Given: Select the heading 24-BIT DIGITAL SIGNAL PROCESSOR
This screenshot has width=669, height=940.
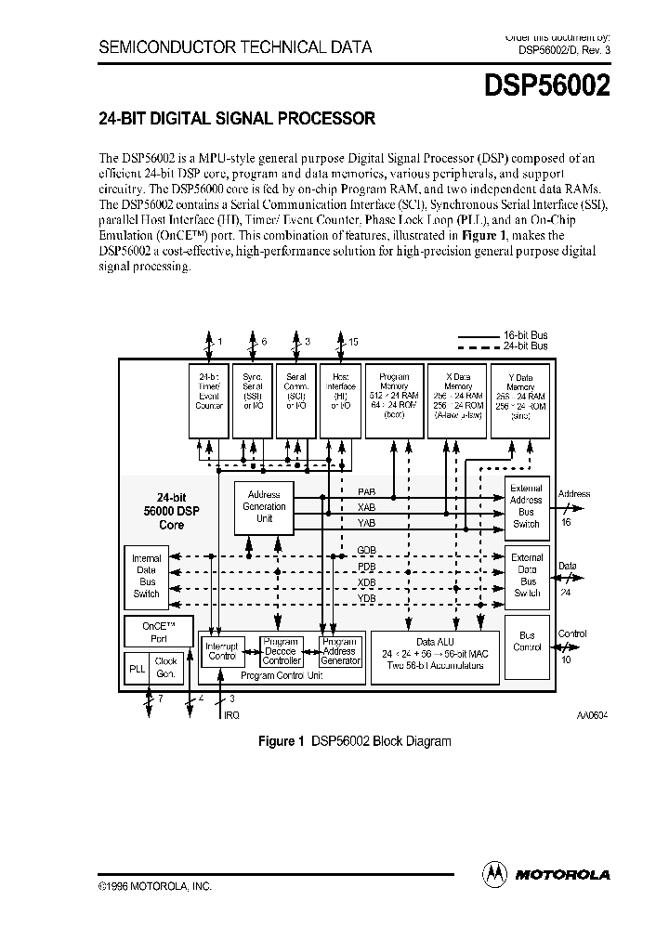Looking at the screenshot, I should point(237,119).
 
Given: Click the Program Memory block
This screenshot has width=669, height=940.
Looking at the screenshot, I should point(395,398).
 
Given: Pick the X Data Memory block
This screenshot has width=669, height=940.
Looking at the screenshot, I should point(457,398).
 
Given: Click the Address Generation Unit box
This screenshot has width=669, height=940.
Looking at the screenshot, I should point(264,506).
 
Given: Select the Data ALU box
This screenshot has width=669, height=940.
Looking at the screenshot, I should point(435,659).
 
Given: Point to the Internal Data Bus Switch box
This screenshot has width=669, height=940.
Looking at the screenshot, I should point(147,575).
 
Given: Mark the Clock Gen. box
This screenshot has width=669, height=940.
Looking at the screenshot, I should point(165,667).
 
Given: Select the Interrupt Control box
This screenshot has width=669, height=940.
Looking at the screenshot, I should point(223,650).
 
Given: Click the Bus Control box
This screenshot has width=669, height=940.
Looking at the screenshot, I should point(527,641).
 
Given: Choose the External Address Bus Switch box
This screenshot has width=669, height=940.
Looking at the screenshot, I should point(527,505).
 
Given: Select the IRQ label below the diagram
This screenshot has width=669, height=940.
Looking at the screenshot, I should point(230,714).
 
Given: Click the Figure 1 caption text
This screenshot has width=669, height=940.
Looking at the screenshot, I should point(354,741).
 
